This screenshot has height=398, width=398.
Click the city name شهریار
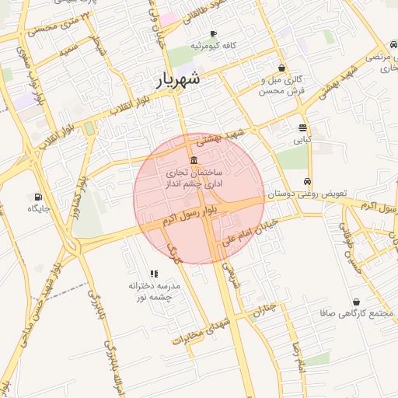(x=177, y=79)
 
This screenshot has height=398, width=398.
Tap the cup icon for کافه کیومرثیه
(x=214, y=34)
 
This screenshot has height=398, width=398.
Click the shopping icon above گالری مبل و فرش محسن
(x=281, y=68)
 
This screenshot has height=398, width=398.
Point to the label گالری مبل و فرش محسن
(x=281, y=85)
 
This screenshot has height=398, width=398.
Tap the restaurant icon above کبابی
(x=302, y=128)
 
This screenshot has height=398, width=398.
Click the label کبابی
(x=302, y=141)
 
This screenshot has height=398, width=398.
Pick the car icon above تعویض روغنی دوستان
(x=309, y=181)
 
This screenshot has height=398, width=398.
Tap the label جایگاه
(x=38, y=208)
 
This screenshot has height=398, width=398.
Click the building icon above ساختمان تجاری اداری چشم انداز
(x=194, y=159)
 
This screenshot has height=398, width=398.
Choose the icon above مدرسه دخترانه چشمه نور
(x=154, y=274)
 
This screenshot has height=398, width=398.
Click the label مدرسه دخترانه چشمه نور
(x=155, y=291)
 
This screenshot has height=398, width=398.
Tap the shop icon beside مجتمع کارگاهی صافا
(x=356, y=302)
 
